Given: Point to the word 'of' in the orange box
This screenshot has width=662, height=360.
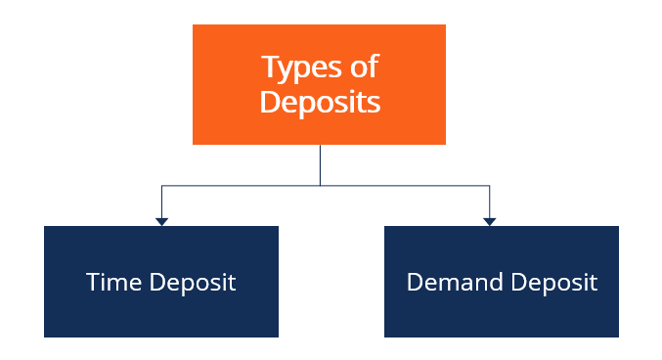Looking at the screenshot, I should (363, 67).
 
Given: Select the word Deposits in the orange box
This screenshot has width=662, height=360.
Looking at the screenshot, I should (320, 102).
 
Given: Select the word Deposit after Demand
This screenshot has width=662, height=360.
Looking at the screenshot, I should (551, 284).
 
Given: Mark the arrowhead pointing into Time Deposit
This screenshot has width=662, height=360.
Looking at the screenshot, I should (161, 221).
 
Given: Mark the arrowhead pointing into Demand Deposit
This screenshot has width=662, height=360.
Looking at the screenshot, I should (489, 221).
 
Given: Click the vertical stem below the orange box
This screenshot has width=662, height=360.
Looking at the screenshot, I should (320, 164).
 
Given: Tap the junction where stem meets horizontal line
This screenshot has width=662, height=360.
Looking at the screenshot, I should (320, 186).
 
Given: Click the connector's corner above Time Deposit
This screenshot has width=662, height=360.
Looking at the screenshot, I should (161, 186).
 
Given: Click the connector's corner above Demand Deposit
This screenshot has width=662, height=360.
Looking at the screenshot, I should (489, 186).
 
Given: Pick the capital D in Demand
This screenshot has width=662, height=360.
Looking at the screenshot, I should (415, 283).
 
